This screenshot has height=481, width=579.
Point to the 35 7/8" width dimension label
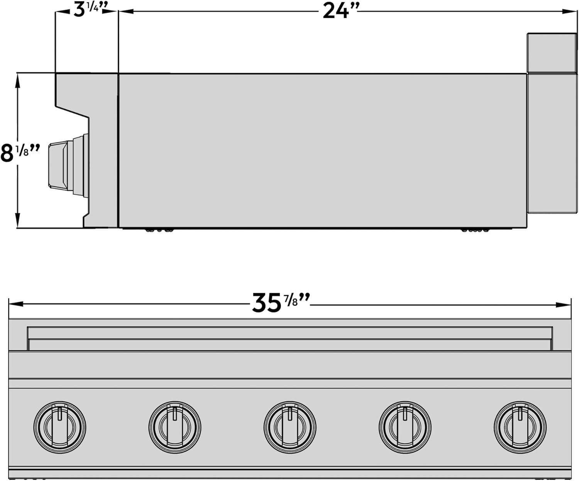[281, 303]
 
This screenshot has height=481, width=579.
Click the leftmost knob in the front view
[60, 427]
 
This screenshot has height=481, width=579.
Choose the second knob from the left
[175, 427]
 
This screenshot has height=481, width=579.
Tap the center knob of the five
[290, 427]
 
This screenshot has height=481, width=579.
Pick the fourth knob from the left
[405, 427]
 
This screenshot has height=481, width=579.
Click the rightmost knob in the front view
[520, 427]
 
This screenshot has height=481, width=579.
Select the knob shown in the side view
[68, 165]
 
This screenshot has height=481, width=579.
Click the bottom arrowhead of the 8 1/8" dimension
[17, 222]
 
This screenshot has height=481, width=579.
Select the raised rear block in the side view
[552, 52]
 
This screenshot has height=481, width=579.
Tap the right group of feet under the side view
[475, 230]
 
